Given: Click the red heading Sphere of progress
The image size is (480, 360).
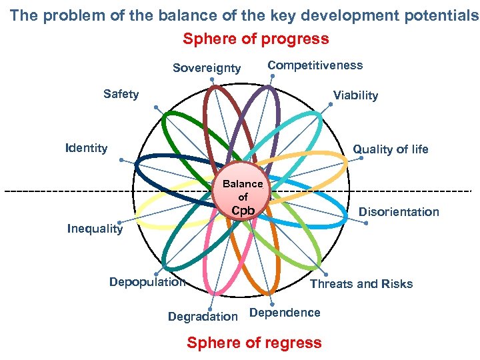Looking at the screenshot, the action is [256, 39].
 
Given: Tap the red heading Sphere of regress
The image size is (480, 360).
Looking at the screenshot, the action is [254, 343].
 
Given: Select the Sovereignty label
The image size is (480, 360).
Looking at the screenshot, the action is [207, 68].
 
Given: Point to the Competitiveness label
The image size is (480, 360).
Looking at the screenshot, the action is [315, 65].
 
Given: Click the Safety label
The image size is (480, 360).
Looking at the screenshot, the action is [121, 94].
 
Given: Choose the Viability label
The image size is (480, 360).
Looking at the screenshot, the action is [355, 95].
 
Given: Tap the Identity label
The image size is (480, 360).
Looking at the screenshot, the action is [87, 147].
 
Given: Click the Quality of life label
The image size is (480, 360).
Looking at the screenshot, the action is [391, 149].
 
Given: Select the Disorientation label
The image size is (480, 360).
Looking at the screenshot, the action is [399, 212].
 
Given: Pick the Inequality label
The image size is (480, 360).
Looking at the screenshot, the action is [95, 229].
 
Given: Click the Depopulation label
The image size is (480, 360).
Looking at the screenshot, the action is [147, 281].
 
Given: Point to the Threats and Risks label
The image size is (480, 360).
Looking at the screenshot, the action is [361, 284].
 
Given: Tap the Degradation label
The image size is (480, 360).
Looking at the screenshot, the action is [203, 317].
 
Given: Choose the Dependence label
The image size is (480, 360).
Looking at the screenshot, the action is [285, 313].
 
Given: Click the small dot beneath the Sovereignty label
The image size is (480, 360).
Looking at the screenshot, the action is [212, 80].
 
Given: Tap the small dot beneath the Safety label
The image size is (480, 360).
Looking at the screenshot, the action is [155, 107].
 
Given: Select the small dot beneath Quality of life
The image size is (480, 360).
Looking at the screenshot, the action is [361, 159].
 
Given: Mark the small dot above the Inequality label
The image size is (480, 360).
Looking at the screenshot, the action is [119, 222].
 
